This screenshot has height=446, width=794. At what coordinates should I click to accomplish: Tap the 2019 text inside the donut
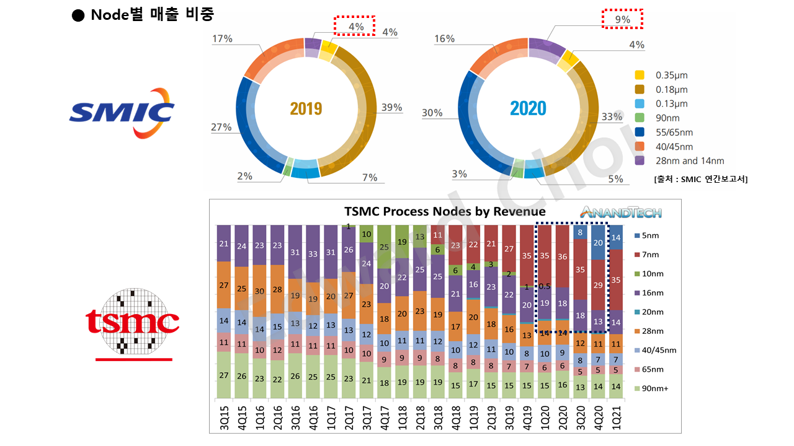(306, 109)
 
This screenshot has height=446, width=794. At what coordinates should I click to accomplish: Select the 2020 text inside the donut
(528, 109)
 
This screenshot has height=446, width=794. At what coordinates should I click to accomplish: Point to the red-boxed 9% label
(623, 19)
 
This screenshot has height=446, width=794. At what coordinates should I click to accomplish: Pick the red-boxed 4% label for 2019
(355, 26)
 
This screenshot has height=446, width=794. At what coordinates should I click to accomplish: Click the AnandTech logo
(621, 211)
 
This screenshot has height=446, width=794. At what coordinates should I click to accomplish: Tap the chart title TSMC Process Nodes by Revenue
(445, 212)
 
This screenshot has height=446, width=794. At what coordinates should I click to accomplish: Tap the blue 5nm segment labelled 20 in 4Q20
(597, 242)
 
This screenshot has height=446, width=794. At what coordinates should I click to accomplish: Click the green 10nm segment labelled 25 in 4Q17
(385, 247)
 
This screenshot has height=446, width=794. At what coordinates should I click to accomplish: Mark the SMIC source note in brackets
(700, 179)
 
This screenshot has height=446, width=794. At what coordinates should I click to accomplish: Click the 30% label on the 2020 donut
(432, 113)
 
